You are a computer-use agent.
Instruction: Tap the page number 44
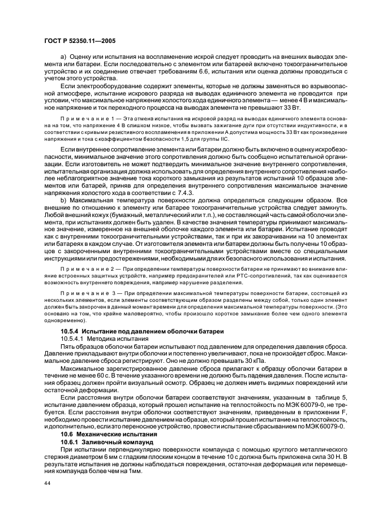[48, 483]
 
